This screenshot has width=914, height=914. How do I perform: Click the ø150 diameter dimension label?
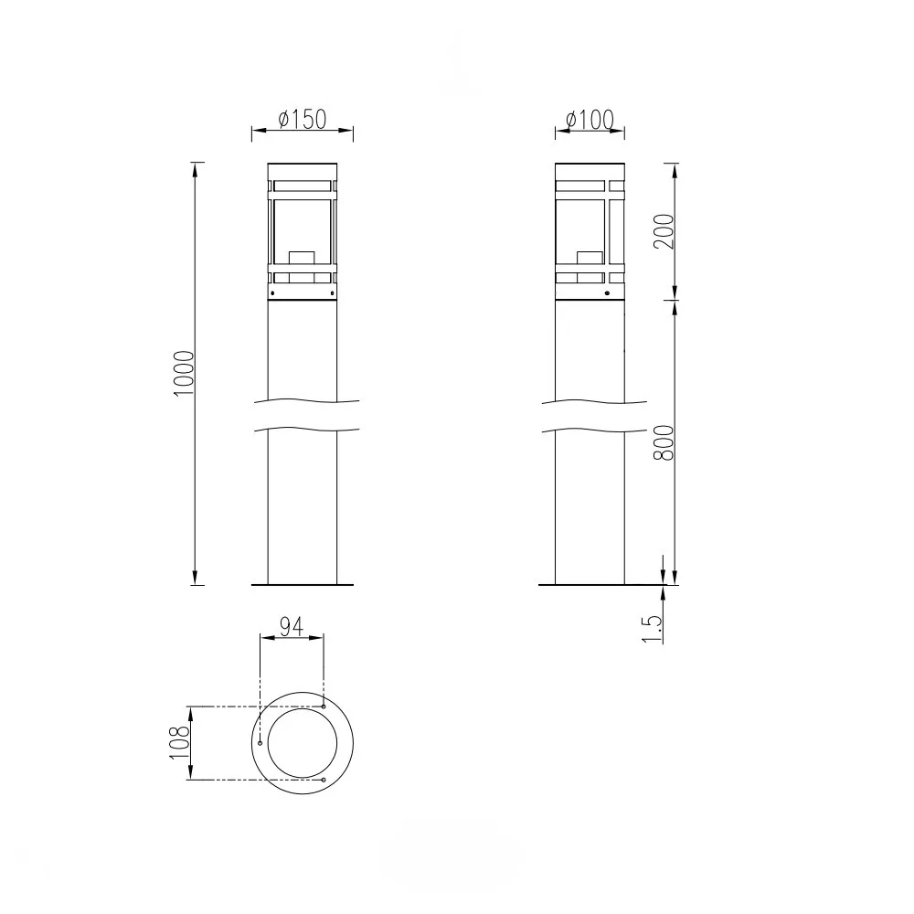point(303,119)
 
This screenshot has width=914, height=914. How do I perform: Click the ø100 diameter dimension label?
point(590,120)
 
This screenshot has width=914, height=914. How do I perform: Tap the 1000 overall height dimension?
point(185,373)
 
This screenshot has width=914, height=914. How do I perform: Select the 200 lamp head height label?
point(664,231)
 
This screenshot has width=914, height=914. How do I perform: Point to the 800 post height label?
point(664,442)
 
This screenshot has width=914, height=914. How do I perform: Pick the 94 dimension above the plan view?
point(292,627)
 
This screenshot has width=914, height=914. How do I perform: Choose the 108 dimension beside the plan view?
point(179,742)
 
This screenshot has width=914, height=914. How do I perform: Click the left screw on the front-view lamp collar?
point(272,292)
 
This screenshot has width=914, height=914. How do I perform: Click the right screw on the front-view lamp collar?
point(333,292)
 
